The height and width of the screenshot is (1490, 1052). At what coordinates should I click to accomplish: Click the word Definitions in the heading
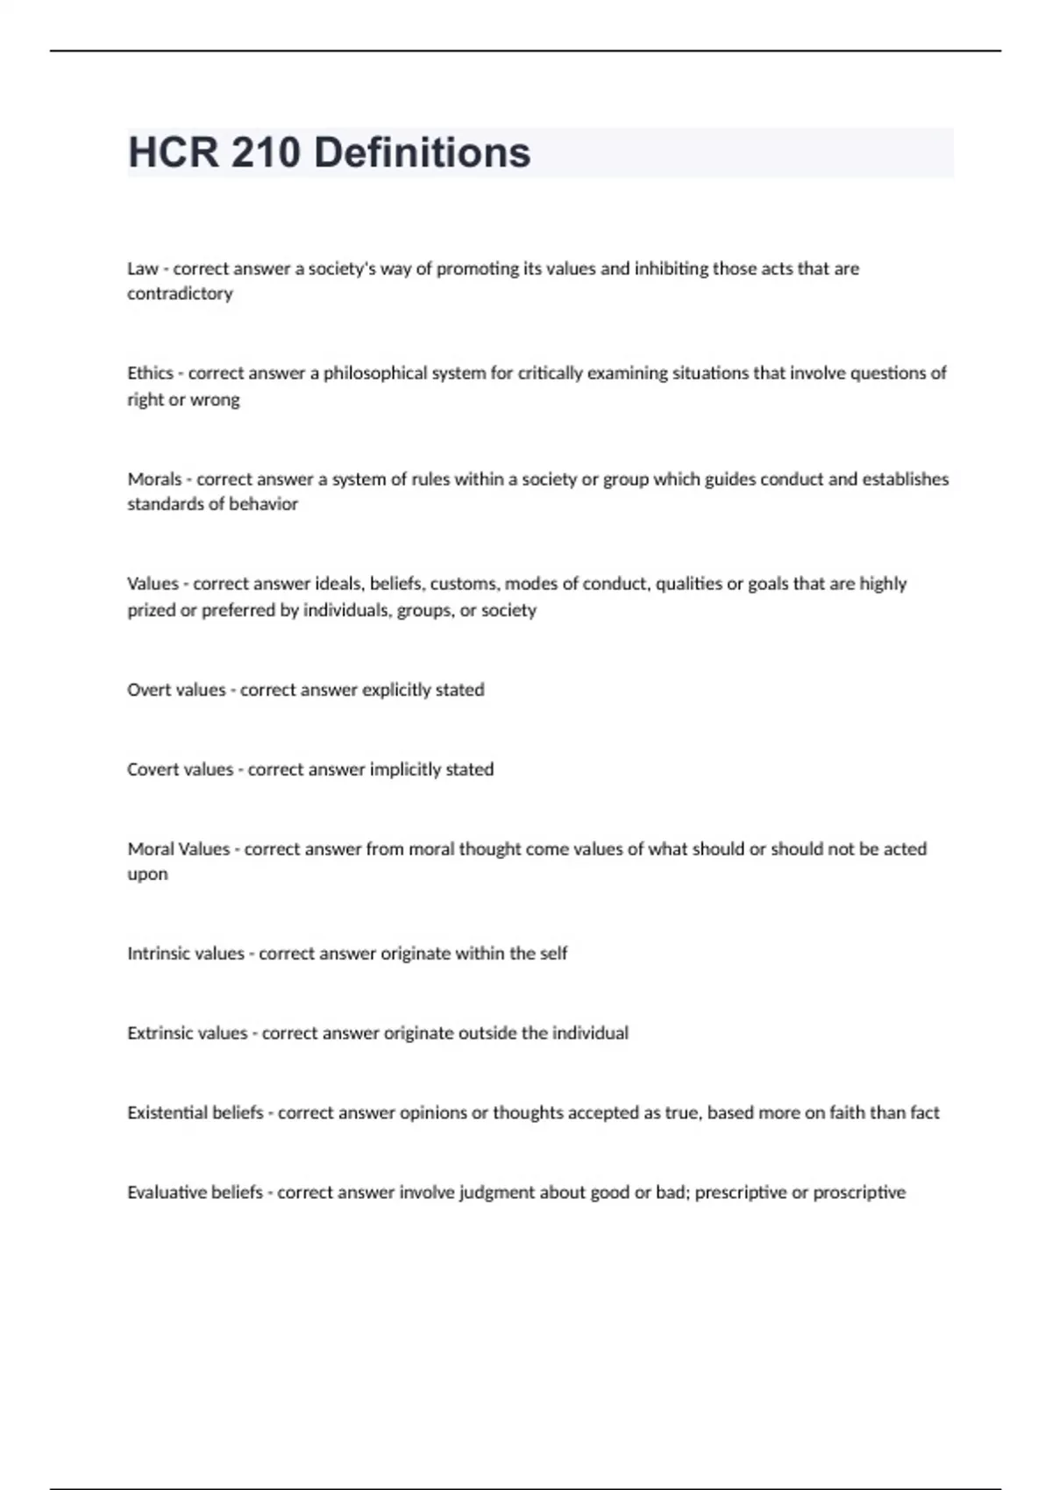pos(422,153)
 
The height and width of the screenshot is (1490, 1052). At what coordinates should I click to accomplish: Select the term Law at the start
pos(142,269)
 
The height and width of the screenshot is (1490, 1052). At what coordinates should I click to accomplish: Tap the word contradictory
pos(180,294)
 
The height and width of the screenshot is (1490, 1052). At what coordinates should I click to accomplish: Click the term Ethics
pos(150,373)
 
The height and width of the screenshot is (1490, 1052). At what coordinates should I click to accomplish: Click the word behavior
pos(264,504)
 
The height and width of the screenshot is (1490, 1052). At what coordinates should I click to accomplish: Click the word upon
pos(147,875)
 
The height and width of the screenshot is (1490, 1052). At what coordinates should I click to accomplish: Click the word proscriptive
pos(859,1193)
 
